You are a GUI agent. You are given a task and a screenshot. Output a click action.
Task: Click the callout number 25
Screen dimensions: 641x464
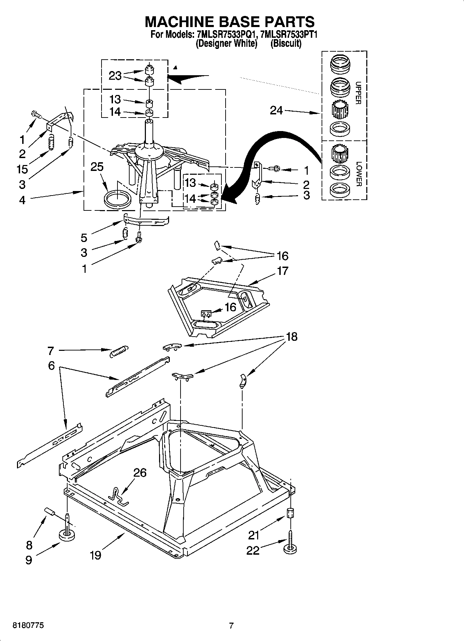[x=97, y=167]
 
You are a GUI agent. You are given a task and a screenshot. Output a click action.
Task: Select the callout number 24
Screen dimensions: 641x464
[x=276, y=111]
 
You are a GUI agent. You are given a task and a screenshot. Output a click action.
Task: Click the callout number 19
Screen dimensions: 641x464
[x=95, y=555]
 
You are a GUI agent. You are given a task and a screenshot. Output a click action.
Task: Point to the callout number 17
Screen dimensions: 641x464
[x=282, y=271]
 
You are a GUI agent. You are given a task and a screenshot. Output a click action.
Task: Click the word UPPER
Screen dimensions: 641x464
[x=358, y=93]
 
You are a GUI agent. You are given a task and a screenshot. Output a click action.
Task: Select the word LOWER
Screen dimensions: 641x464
[x=358, y=174]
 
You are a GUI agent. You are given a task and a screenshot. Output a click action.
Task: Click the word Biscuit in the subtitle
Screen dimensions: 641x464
[x=286, y=44]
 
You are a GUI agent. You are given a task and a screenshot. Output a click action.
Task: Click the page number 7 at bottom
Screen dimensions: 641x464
[x=231, y=626]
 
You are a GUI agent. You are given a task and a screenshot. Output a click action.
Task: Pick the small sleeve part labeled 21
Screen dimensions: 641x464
[x=290, y=512]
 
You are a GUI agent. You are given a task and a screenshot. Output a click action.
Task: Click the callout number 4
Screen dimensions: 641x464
[x=22, y=200]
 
